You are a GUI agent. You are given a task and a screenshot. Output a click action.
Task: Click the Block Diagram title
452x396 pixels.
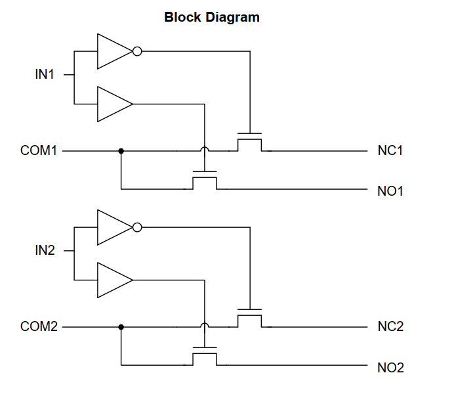[212, 17]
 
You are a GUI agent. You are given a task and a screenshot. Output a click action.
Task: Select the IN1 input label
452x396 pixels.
[45, 74]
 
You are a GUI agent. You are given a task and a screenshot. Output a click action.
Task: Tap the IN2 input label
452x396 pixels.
[45, 250]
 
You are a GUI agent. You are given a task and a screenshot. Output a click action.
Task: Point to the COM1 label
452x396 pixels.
[39, 150]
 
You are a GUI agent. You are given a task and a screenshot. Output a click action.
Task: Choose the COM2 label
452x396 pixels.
[39, 326]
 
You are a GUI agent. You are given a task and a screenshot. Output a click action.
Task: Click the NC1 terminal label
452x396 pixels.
[390, 150]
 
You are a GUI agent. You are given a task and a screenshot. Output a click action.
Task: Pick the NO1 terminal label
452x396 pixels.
[390, 191]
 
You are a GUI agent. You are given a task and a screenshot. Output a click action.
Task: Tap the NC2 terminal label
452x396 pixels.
[390, 326]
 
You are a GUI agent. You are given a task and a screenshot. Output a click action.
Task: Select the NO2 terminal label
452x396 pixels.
[390, 368]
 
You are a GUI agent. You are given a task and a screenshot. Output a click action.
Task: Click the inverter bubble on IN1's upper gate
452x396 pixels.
[137, 51]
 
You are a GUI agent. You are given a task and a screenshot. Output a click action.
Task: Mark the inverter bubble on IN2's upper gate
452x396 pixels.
[137, 227]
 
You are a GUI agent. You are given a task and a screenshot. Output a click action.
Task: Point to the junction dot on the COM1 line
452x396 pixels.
[121, 151]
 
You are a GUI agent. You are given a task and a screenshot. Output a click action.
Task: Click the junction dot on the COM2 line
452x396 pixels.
[121, 327]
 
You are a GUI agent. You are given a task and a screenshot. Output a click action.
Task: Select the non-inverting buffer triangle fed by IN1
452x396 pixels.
[115, 104]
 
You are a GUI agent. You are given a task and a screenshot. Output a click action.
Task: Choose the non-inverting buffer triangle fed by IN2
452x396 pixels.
[115, 280]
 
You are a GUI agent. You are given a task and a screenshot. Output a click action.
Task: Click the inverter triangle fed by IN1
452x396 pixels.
[115, 51]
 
